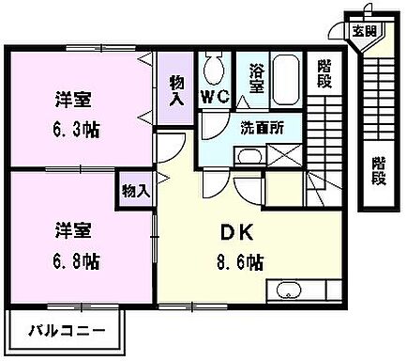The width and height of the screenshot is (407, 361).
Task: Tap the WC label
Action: click(x=216, y=96)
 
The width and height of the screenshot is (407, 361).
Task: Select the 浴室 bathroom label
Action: click(x=256, y=78)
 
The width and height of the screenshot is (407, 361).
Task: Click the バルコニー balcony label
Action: click(x=67, y=330)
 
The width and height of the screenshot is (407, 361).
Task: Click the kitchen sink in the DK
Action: click(x=287, y=290)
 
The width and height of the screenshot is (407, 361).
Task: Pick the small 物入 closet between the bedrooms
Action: click(x=135, y=191)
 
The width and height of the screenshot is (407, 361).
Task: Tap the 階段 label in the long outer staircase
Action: click(x=378, y=170)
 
